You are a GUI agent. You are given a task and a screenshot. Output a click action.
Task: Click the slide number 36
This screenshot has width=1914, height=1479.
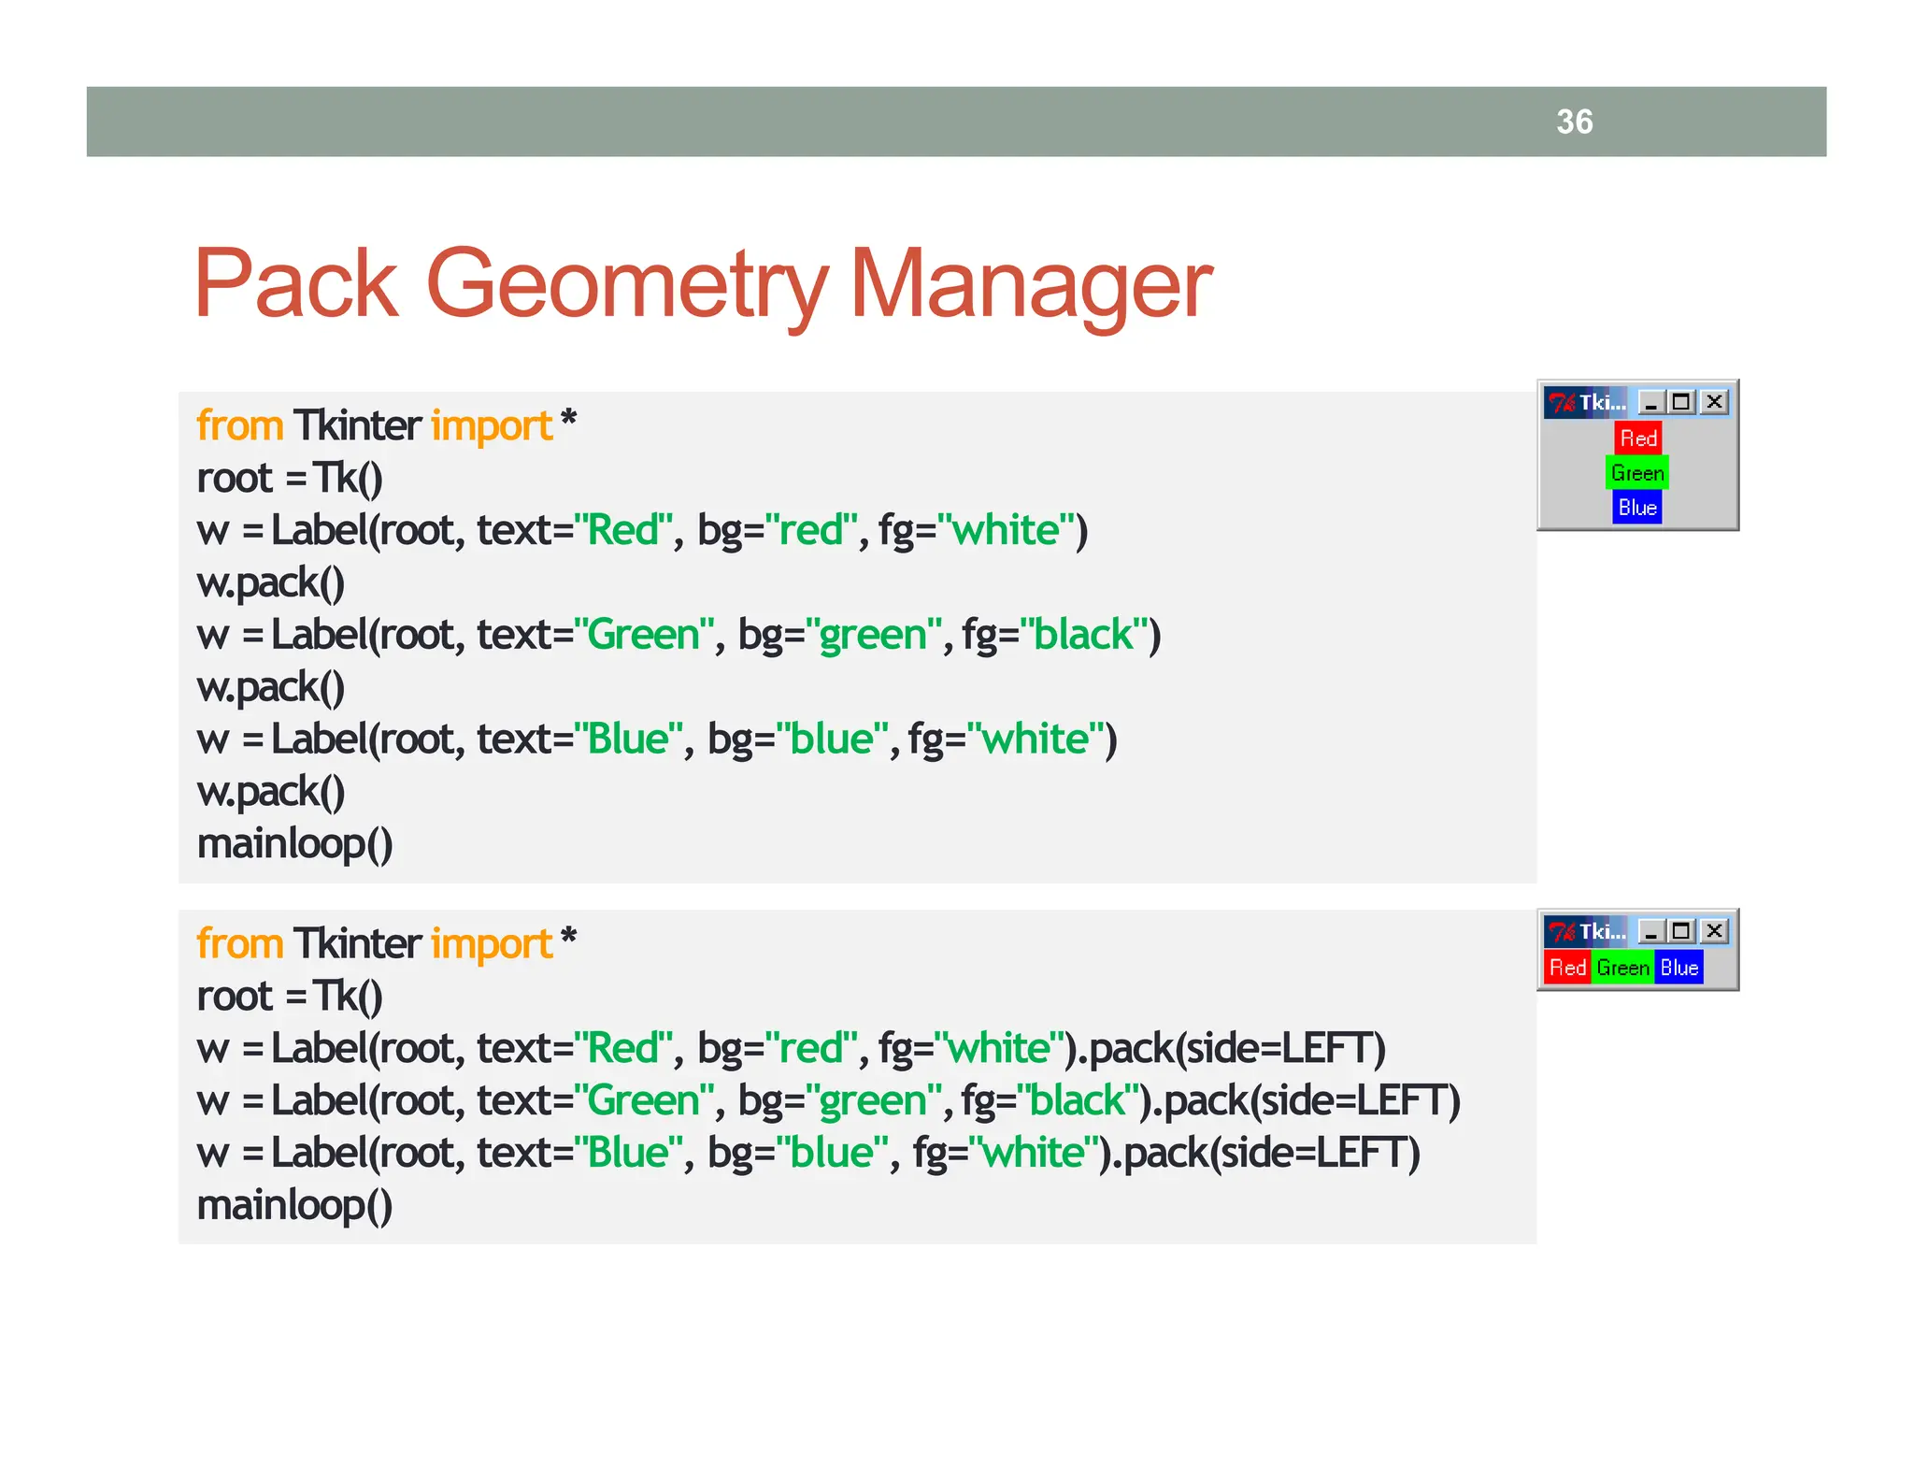click(x=1574, y=122)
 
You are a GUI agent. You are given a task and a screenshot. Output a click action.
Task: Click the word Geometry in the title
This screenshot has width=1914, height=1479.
click(x=626, y=284)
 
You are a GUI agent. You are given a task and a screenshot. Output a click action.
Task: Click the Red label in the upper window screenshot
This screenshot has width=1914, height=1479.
click(x=1637, y=438)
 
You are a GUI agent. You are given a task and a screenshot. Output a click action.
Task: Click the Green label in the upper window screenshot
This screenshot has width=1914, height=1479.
click(x=1637, y=473)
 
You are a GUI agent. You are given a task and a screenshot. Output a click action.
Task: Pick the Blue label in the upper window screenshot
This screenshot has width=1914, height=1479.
click(x=1637, y=508)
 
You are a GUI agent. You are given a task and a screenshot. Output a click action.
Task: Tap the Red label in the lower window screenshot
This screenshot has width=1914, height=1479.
click(x=1567, y=968)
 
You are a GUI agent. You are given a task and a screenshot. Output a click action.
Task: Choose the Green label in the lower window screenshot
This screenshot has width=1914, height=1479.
click(x=1622, y=968)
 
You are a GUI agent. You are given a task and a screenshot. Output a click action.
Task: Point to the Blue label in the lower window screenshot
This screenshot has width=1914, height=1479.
click(x=1678, y=968)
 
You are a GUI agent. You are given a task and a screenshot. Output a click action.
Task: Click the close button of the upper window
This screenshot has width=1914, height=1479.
click(x=1714, y=402)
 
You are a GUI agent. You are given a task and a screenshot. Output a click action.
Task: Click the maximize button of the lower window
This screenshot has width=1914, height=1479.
click(x=1681, y=931)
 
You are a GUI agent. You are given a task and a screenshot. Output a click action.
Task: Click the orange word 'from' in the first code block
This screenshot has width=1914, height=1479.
click(x=239, y=426)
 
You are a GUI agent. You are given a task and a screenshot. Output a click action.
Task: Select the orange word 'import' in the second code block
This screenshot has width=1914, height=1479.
click(x=492, y=944)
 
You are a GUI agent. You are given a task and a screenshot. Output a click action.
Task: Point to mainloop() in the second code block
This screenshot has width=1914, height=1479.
click(x=294, y=1205)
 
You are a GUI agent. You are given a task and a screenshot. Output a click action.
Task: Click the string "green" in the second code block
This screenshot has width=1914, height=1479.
click(x=872, y=1100)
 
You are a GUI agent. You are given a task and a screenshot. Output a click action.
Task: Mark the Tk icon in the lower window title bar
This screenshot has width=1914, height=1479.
click(x=1561, y=931)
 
